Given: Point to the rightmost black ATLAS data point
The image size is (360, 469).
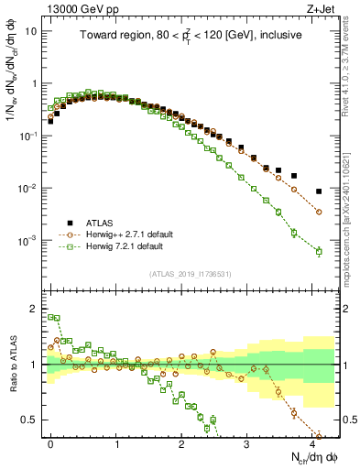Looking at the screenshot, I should pyautogui.click(x=319, y=191).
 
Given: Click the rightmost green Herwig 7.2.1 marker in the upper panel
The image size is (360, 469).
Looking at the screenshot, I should pyautogui.click(x=319, y=251).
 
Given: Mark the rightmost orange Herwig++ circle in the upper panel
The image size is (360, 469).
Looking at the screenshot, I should pyautogui.click(x=319, y=212).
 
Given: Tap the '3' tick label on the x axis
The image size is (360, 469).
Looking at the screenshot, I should pyautogui.click(x=246, y=442).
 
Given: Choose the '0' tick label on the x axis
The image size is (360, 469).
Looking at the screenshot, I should pyautogui.click(x=50, y=442).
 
